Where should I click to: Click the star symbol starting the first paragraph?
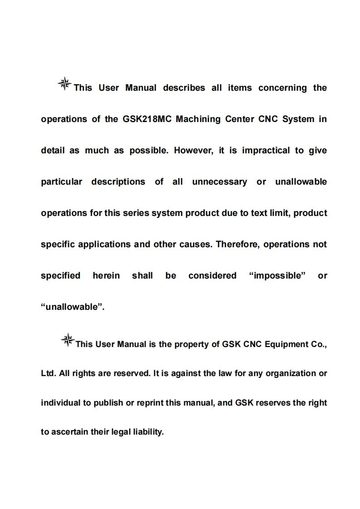[x=65, y=83]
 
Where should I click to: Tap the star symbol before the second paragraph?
[x=68, y=340]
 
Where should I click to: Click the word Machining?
[x=198, y=119]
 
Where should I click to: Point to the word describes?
[x=184, y=88]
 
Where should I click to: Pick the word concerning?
[x=282, y=88]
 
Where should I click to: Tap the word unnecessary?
[x=220, y=182]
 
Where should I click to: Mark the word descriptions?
[x=118, y=182]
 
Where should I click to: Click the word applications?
[x=104, y=245]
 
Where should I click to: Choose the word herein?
[x=106, y=276]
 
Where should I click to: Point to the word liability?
[x=147, y=432]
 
